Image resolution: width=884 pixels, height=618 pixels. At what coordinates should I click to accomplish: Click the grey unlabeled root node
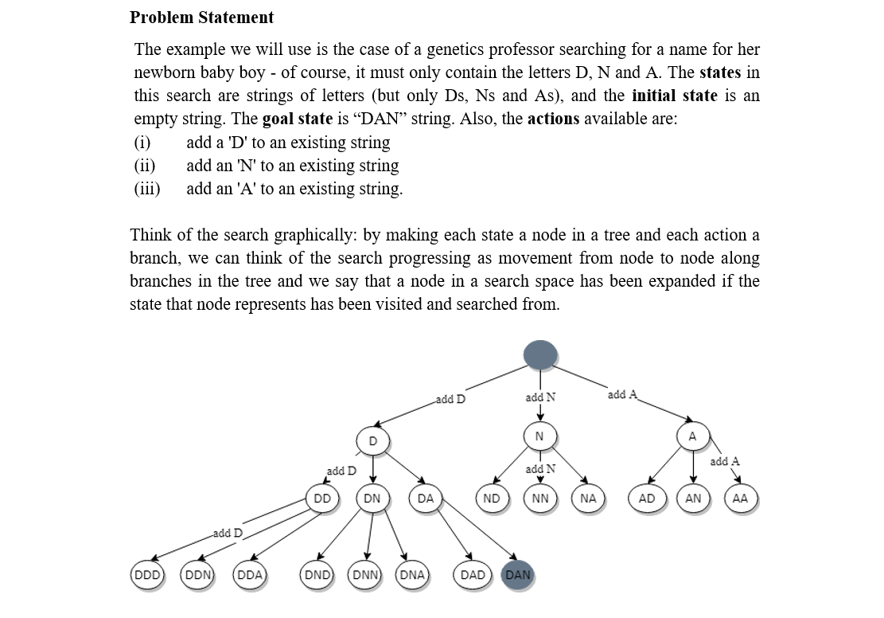click(x=539, y=355)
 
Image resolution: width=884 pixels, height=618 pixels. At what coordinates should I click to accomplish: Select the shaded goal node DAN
click(x=517, y=575)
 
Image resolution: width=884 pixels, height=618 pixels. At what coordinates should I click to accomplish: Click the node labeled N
click(x=539, y=436)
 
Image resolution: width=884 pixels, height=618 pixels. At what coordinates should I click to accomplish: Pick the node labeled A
click(x=692, y=436)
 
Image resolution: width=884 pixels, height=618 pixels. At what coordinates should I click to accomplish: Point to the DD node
click(x=322, y=499)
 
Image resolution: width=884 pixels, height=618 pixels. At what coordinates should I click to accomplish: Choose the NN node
click(x=539, y=499)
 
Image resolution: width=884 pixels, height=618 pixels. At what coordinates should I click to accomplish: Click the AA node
click(x=740, y=499)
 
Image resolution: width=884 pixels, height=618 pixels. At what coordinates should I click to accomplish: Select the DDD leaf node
click(x=146, y=575)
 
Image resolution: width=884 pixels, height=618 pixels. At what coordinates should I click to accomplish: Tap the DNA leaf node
click(x=411, y=575)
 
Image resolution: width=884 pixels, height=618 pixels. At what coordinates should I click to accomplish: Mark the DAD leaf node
click(x=473, y=575)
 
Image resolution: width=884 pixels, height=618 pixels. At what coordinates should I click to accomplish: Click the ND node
click(x=492, y=499)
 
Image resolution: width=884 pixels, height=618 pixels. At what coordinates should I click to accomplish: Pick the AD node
click(x=646, y=499)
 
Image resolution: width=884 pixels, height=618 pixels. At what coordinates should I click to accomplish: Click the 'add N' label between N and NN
click(x=540, y=469)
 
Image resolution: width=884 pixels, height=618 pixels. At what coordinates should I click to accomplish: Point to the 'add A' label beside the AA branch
click(x=724, y=461)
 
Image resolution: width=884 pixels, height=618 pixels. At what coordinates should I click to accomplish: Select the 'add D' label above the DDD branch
click(x=227, y=532)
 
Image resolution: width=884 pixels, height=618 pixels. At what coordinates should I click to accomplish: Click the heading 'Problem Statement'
click(x=201, y=18)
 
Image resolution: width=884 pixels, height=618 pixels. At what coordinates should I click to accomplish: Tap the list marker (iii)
click(x=147, y=189)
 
